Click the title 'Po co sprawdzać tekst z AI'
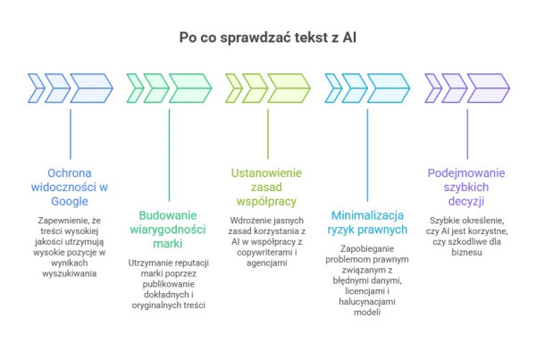(x=267, y=37)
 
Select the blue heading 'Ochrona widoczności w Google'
(x=71, y=187)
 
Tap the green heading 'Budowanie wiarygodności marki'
(x=169, y=230)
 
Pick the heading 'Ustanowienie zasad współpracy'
(x=268, y=187)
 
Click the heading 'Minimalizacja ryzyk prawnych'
(x=368, y=222)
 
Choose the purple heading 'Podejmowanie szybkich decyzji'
(x=465, y=187)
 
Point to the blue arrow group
(x=71, y=86)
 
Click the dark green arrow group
(x=169, y=86)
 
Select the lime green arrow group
(x=268, y=86)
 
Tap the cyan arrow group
(x=367, y=86)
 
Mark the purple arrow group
(x=465, y=86)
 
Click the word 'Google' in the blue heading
(x=71, y=201)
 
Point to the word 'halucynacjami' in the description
(x=364, y=303)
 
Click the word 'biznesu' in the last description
(x=466, y=253)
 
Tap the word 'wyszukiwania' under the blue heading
(x=71, y=273)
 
